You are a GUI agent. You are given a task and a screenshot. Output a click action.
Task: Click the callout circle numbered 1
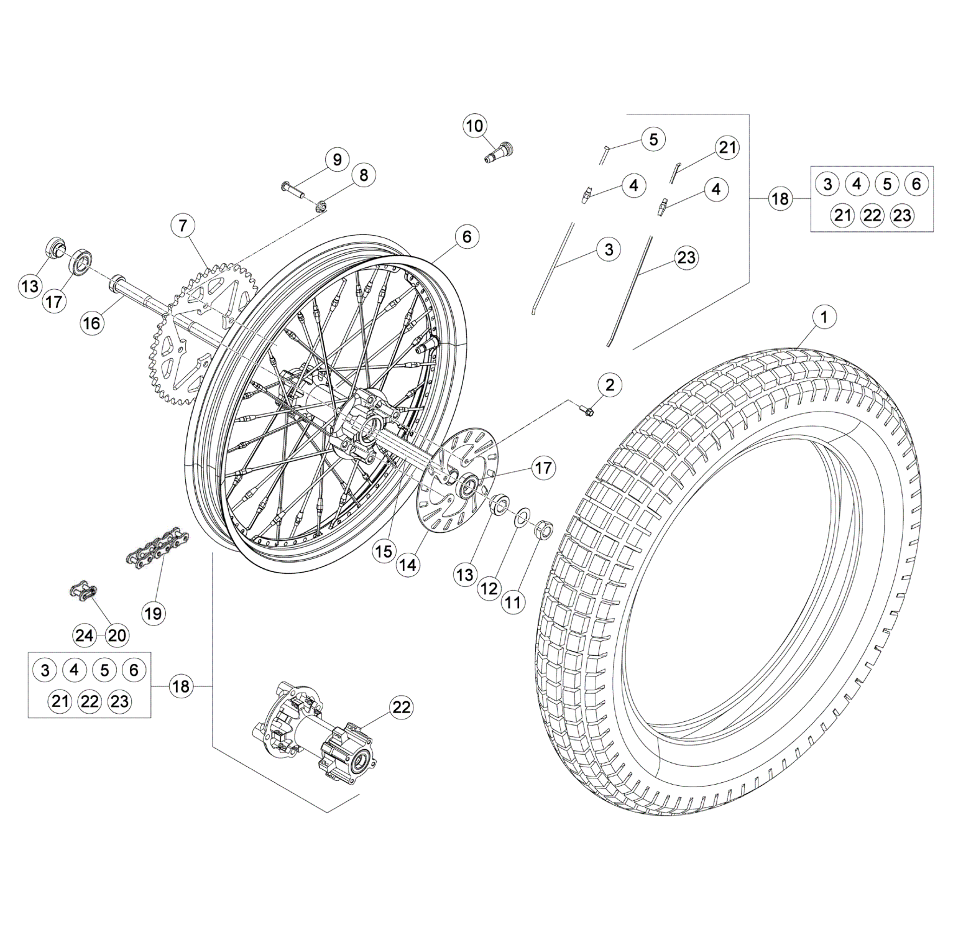coord(824,317)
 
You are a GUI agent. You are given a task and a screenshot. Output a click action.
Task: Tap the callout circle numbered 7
coord(182,225)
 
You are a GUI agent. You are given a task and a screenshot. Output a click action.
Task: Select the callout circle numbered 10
coord(474,126)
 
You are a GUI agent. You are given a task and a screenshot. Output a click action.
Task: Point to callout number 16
coord(91,323)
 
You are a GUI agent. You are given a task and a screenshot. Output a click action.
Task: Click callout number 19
coord(153,614)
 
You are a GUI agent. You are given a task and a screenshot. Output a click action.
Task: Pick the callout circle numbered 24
coord(84,635)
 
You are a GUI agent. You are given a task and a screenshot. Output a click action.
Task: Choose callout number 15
coord(384,551)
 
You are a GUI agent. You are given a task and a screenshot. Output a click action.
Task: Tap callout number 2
coord(609,385)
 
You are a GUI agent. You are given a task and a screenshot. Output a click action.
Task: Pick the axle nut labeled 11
coord(543,528)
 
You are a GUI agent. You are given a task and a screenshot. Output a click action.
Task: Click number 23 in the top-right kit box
coord(902,215)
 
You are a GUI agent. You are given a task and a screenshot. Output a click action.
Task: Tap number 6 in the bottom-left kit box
coord(134,670)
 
